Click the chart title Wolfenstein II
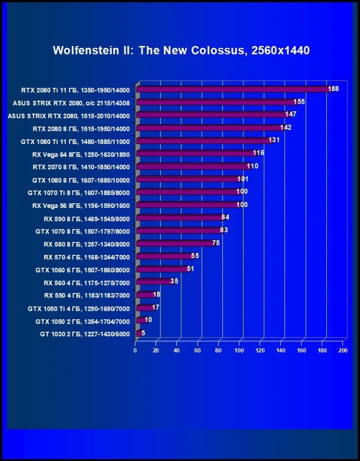point(181,51)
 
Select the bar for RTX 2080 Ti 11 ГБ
point(232,89)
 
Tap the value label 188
point(333,89)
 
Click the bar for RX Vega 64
point(197,154)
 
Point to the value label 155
point(299,101)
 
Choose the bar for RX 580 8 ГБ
point(175,244)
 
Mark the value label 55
point(195,256)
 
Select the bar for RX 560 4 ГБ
point(154,282)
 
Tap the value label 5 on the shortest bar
point(143,333)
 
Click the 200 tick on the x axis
point(343,351)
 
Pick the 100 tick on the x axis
point(239,351)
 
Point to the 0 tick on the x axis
point(135,351)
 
